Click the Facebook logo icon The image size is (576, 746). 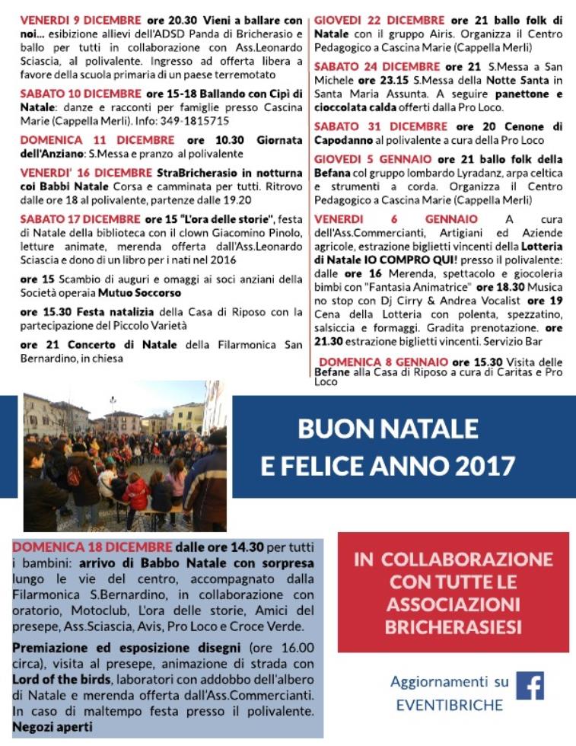(x=530, y=684)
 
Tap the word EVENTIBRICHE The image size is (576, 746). (x=450, y=706)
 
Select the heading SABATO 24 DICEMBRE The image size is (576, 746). (x=377, y=67)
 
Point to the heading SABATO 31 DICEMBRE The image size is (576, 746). (x=380, y=127)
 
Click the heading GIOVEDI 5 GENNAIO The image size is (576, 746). (x=373, y=160)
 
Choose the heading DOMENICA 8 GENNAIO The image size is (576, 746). (x=383, y=362)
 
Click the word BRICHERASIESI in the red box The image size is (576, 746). (x=453, y=629)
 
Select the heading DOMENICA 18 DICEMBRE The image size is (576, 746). (x=93, y=547)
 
